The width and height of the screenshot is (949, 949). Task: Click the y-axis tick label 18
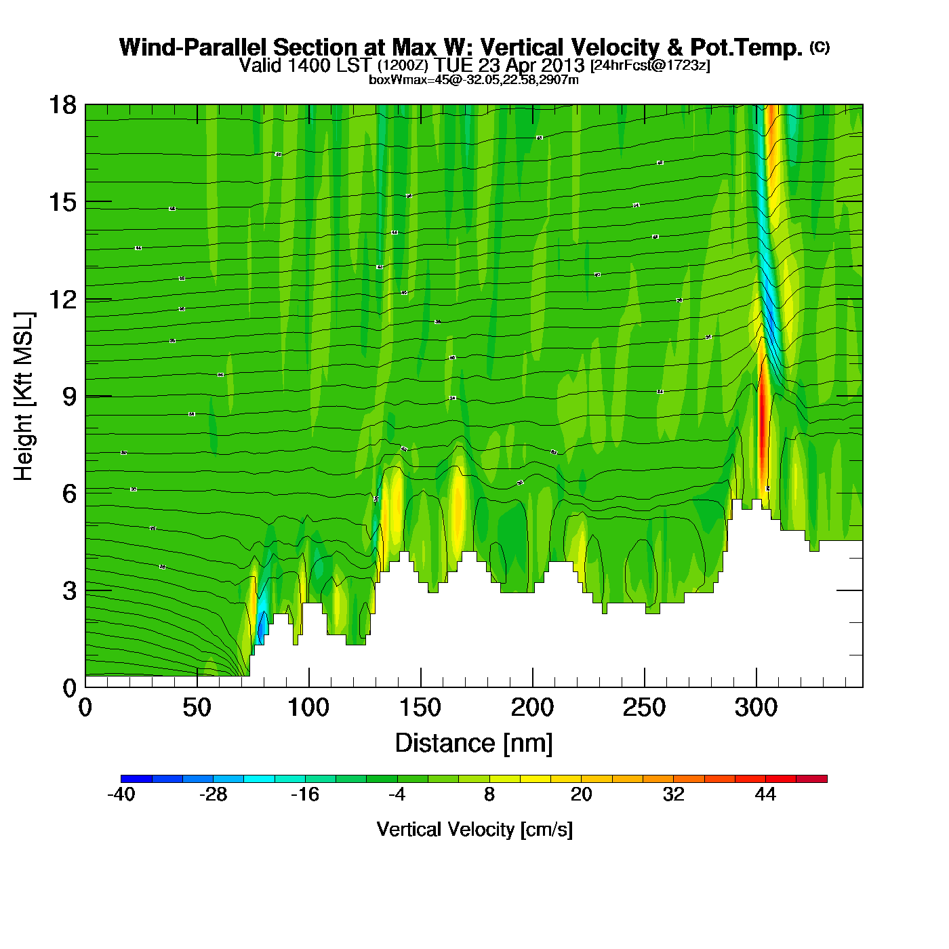62,105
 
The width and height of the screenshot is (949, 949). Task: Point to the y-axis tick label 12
62,299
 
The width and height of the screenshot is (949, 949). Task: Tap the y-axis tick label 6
69,493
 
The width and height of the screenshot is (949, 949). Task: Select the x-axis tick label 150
420,708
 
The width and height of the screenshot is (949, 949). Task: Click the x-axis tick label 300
756,708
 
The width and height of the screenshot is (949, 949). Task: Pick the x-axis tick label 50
197,708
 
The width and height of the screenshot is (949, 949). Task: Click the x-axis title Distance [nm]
474,744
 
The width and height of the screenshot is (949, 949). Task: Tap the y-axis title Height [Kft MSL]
24,397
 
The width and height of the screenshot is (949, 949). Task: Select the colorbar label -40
121,794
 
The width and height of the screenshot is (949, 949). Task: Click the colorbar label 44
765,794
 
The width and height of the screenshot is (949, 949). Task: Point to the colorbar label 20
582,794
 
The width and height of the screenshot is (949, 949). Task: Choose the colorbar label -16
305,794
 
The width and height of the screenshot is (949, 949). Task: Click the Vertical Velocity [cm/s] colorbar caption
474,830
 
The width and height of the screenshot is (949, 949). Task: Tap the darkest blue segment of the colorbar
136,779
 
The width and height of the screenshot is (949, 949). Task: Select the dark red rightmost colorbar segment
811,779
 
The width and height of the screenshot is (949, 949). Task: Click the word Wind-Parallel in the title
193,47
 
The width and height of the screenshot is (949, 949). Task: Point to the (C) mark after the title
820,47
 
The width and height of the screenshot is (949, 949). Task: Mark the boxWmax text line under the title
473,80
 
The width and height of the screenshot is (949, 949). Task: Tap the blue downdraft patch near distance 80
261,627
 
